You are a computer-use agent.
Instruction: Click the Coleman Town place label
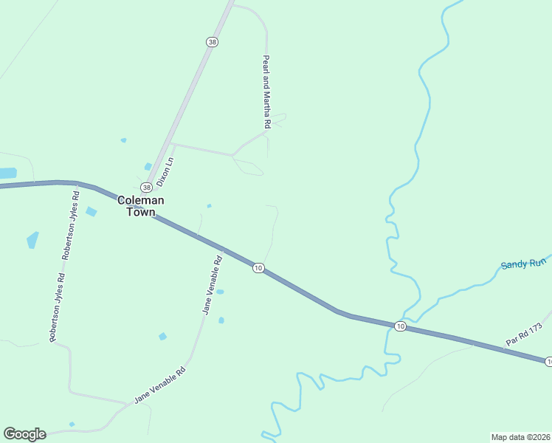click(x=140, y=206)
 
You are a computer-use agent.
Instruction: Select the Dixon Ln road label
click(x=166, y=171)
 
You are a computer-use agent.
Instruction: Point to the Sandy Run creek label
click(x=523, y=264)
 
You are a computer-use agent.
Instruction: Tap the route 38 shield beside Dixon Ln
click(x=147, y=188)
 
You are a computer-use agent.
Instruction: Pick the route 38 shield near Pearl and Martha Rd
click(x=213, y=43)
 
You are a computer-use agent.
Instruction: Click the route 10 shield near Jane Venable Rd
click(x=258, y=267)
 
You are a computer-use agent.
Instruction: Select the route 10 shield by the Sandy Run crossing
click(x=399, y=326)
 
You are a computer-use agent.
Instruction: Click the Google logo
click(x=24, y=434)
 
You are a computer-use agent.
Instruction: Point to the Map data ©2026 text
click(x=520, y=436)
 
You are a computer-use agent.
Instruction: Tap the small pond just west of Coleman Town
click(x=91, y=212)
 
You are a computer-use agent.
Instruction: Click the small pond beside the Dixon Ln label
click(x=148, y=166)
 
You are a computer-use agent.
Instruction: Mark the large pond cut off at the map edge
click(x=7, y=173)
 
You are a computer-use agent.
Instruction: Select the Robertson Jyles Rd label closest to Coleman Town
click(x=71, y=225)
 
